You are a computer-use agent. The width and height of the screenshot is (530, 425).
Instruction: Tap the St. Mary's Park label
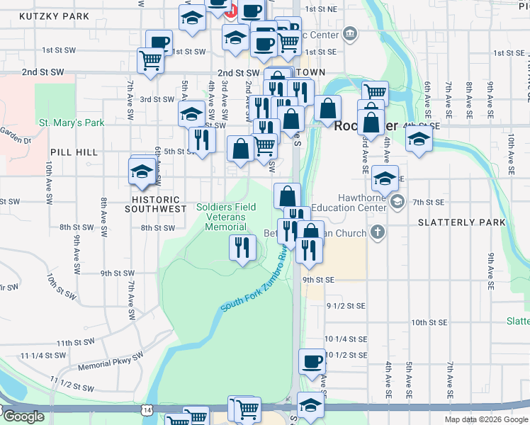(72, 123)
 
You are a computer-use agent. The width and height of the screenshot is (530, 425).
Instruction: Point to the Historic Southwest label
(152, 204)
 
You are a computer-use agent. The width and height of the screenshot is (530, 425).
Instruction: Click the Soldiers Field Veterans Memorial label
(226, 217)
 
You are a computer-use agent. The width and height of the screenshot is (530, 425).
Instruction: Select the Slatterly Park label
(462, 222)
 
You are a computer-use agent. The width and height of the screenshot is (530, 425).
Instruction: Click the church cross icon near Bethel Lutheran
(378, 232)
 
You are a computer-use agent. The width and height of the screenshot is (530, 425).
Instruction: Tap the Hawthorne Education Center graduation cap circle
(397, 203)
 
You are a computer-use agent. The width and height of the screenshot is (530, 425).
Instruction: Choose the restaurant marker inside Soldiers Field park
(242, 248)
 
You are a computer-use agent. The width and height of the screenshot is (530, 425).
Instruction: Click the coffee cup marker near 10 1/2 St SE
(312, 363)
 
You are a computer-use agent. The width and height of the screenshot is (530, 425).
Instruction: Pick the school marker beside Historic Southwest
(142, 172)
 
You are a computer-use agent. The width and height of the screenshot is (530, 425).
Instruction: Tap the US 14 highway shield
(147, 409)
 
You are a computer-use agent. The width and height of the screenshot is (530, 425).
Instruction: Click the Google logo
(23, 416)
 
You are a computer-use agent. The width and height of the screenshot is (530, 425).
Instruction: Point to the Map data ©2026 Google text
(486, 419)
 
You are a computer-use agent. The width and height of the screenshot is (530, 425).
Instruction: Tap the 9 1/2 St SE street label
(346, 305)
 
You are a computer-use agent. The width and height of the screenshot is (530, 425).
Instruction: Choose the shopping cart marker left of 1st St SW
(151, 60)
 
